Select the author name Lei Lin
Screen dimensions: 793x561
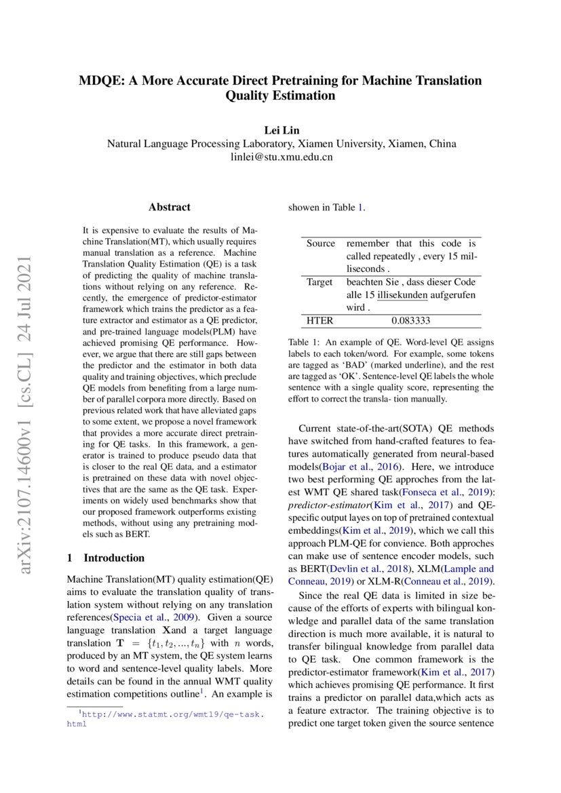[281, 129]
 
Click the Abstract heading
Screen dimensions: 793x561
[170, 207]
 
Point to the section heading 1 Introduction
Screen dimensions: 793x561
[106, 558]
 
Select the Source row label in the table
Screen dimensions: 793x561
[321, 243]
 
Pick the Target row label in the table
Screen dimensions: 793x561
[320, 282]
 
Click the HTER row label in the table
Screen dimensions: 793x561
[320, 320]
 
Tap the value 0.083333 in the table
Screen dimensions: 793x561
[410, 320]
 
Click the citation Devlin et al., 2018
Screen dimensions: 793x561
[357, 569]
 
